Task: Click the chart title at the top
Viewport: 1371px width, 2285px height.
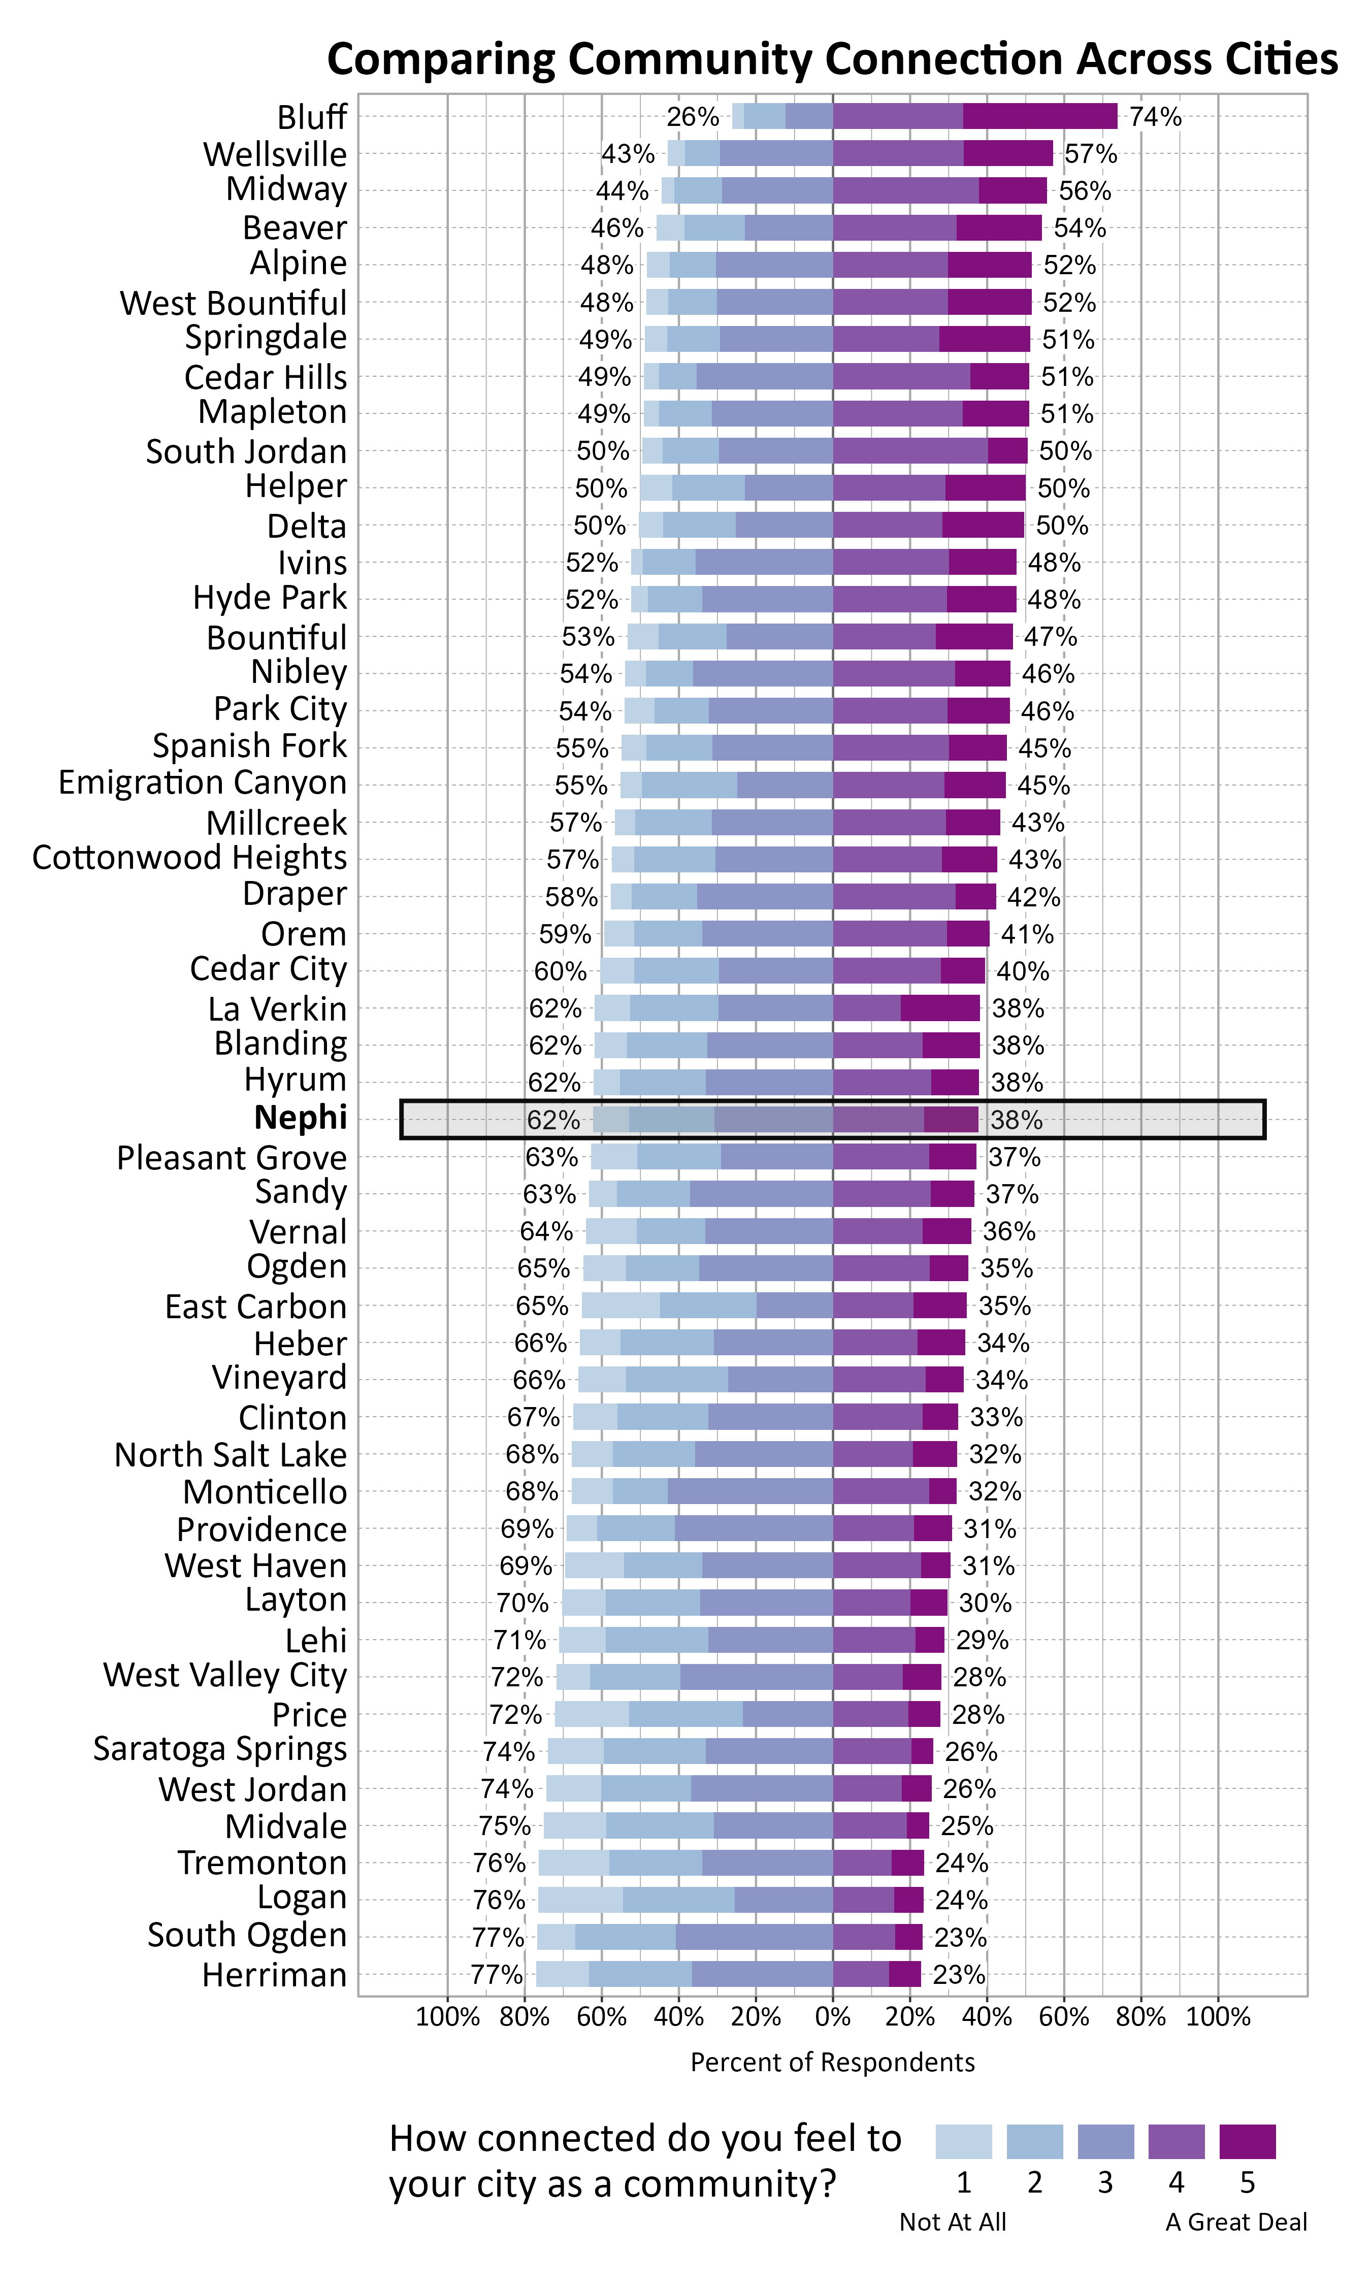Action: point(831,59)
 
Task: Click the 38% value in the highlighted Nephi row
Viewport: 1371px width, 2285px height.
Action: point(1016,1120)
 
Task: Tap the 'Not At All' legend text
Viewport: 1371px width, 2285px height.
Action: point(953,2222)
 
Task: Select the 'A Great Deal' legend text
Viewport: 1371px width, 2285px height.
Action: point(1236,2222)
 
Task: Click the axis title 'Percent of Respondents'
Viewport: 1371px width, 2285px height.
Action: point(832,2063)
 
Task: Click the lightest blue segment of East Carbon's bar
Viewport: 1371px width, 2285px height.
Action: point(621,1305)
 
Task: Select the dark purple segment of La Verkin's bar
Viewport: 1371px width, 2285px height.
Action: point(940,1007)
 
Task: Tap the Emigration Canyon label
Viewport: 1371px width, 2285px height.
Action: point(202,782)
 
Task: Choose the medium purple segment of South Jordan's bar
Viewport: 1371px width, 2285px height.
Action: point(910,451)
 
